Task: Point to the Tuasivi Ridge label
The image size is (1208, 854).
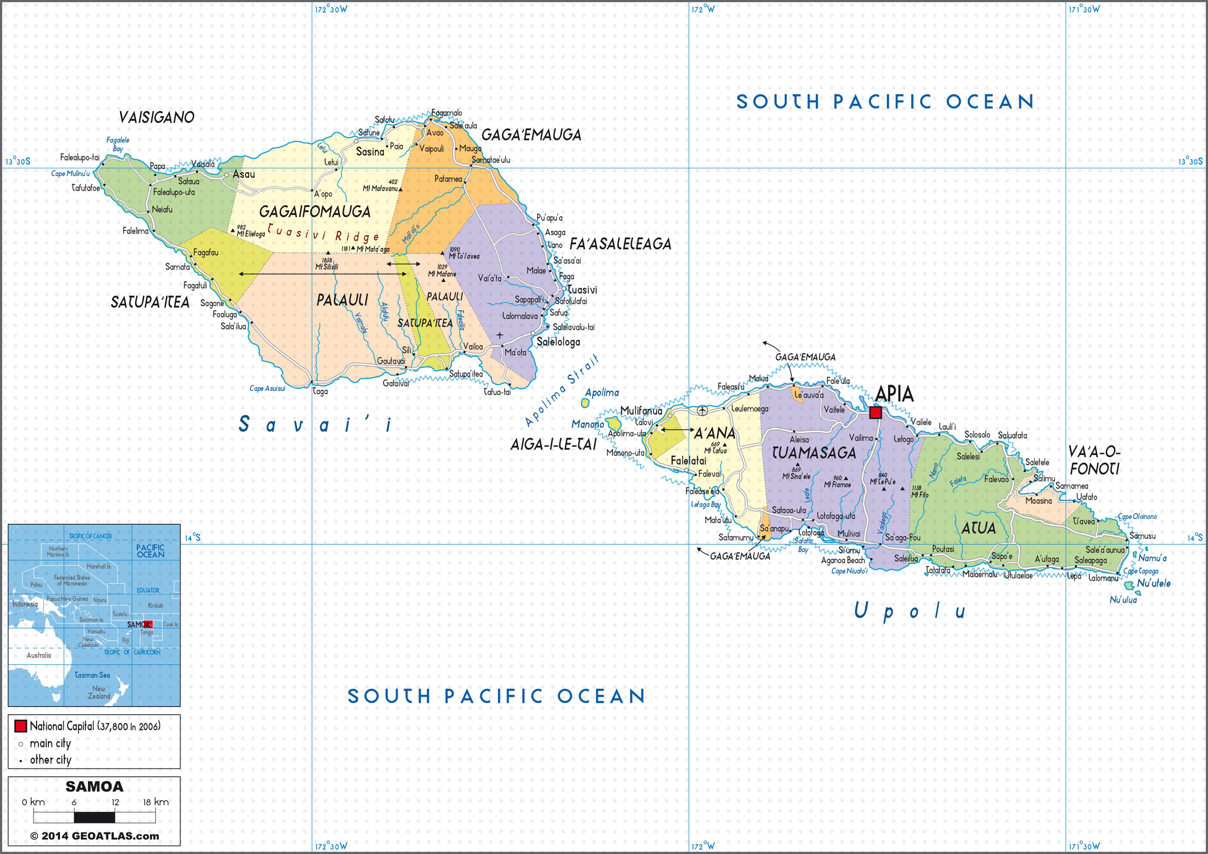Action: pyautogui.click(x=323, y=233)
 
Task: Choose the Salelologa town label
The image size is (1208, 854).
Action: pyautogui.click(x=558, y=342)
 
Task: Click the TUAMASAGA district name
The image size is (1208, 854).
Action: pyautogui.click(x=814, y=453)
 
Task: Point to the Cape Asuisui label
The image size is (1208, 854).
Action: pyautogui.click(x=267, y=389)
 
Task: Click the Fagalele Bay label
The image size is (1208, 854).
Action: pyautogui.click(x=118, y=144)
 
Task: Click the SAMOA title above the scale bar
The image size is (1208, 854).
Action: pyautogui.click(x=94, y=787)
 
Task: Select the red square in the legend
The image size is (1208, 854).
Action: pyautogui.click(x=20, y=726)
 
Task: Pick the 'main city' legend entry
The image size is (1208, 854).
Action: pyautogui.click(x=50, y=743)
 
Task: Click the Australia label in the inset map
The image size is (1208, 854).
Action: pyautogui.click(x=39, y=655)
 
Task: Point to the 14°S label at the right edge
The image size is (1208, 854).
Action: pyautogui.click(x=1194, y=538)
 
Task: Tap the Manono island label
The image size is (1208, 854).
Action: pyautogui.click(x=588, y=424)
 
